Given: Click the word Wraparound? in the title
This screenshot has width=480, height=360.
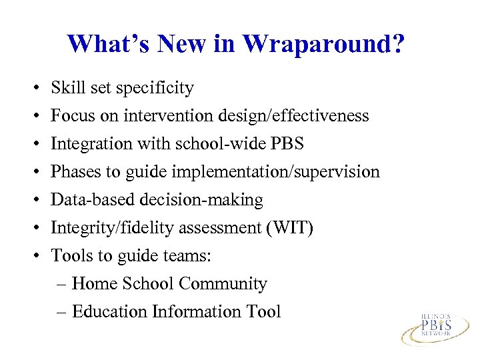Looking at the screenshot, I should (323, 44).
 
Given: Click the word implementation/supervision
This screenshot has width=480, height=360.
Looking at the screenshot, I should (275, 172).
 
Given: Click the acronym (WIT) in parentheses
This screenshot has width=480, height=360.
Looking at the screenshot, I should (290, 228).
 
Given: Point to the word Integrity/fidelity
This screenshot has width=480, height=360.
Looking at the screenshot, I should (109, 228).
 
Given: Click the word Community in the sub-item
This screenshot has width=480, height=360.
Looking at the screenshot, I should (223, 284).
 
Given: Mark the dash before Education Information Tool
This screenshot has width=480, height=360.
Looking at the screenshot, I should (61, 312).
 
